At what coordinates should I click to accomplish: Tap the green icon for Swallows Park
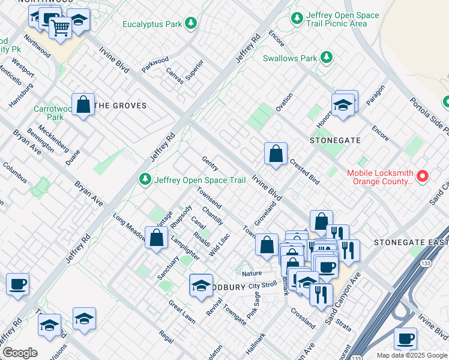point(327,58)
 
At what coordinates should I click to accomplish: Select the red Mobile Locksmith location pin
point(423,176)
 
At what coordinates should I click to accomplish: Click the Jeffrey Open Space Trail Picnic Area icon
point(297,19)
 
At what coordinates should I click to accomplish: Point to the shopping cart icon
point(60,28)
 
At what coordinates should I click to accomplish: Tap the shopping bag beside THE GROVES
point(83,104)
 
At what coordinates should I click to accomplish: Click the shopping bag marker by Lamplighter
point(156,238)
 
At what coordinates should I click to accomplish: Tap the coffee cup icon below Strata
point(405,338)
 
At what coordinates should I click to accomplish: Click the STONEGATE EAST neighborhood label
point(411,242)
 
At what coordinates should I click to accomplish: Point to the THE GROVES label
point(121,106)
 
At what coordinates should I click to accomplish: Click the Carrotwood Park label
point(53,113)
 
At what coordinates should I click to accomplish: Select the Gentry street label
point(210,164)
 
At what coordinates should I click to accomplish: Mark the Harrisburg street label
point(21,95)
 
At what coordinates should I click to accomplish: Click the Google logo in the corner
point(20,353)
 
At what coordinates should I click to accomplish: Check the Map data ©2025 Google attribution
point(411,355)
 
